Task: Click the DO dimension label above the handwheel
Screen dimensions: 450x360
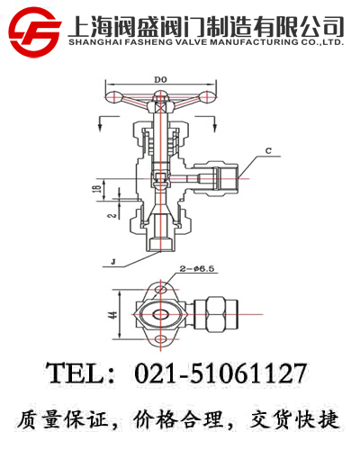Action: click(x=160, y=81)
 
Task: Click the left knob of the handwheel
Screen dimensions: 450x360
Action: click(x=112, y=97)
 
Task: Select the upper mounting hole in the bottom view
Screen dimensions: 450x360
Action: click(x=163, y=290)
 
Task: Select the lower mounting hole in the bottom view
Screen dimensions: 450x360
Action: click(x=163, y=339)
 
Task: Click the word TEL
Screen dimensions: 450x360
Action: click(x=76, y=373)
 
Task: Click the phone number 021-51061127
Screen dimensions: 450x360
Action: click(x=220, y=373)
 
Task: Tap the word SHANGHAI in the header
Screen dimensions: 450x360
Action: click(x=94, y=41)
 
